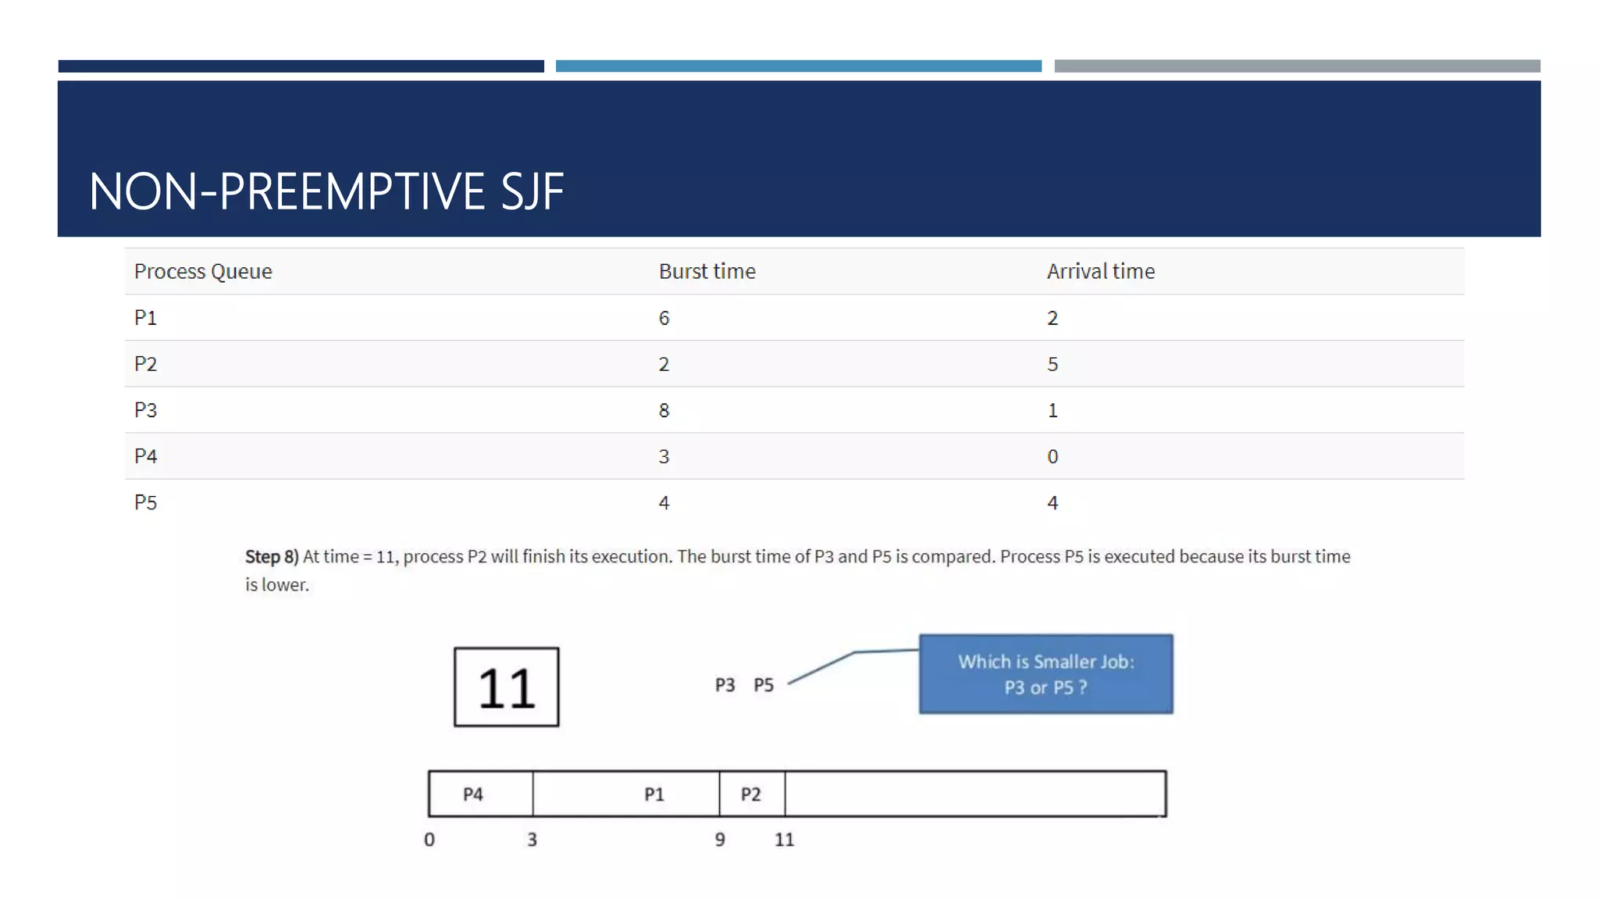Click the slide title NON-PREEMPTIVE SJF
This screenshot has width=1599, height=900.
pos(326,191)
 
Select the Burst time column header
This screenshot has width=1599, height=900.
pos(707,271)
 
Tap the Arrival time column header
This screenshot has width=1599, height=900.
pos(1100,271)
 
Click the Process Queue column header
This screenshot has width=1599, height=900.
pos(203,271)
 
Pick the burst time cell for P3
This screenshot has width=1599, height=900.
pos(664,410)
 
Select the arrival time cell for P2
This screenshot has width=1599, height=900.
pos(1052,364)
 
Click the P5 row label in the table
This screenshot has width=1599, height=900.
pos(146,502)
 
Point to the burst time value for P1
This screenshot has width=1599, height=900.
pos(664,318)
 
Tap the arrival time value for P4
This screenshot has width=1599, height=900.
pos(1052,456)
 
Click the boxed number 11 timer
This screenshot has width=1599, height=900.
pos(507,687)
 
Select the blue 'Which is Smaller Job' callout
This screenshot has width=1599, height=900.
pos(1045,673)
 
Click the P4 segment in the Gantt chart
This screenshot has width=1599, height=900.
pos(473,795)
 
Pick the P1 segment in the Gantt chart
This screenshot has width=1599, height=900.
pos(654,795)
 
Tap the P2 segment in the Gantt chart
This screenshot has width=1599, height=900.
pos(751,795)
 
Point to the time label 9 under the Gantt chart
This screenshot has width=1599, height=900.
pos(720,840)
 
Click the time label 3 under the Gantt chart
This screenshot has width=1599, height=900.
pos(532,840)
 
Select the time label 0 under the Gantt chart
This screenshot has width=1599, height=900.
pos(429,840)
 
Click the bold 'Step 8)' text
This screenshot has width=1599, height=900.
pos(272,556)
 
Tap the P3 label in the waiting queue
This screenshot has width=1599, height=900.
pos(725,685)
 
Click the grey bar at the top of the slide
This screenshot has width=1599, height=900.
pos(1297,66)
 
